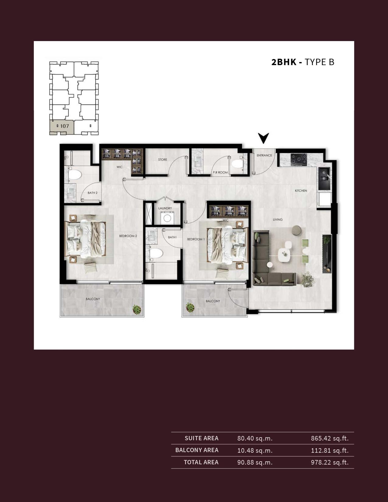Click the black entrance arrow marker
tap(264, 138)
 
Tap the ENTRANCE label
tap(264, 155)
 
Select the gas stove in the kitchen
tap(299, 160)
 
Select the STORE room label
tap(163, 160)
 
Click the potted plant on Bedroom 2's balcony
tap(137, 309)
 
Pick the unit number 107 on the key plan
tap(65, 126)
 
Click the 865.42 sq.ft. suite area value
tap(330, 438)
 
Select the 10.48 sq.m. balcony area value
tap(255, 450)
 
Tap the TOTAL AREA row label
tap(201, 462)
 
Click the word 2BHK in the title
tap(284, 62)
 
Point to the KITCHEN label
tap(301, 190)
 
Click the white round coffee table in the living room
tap(285, 255)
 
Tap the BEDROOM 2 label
tap(128, 236)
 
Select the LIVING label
tap(278, 219)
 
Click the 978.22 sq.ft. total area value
tap(330, 462)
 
